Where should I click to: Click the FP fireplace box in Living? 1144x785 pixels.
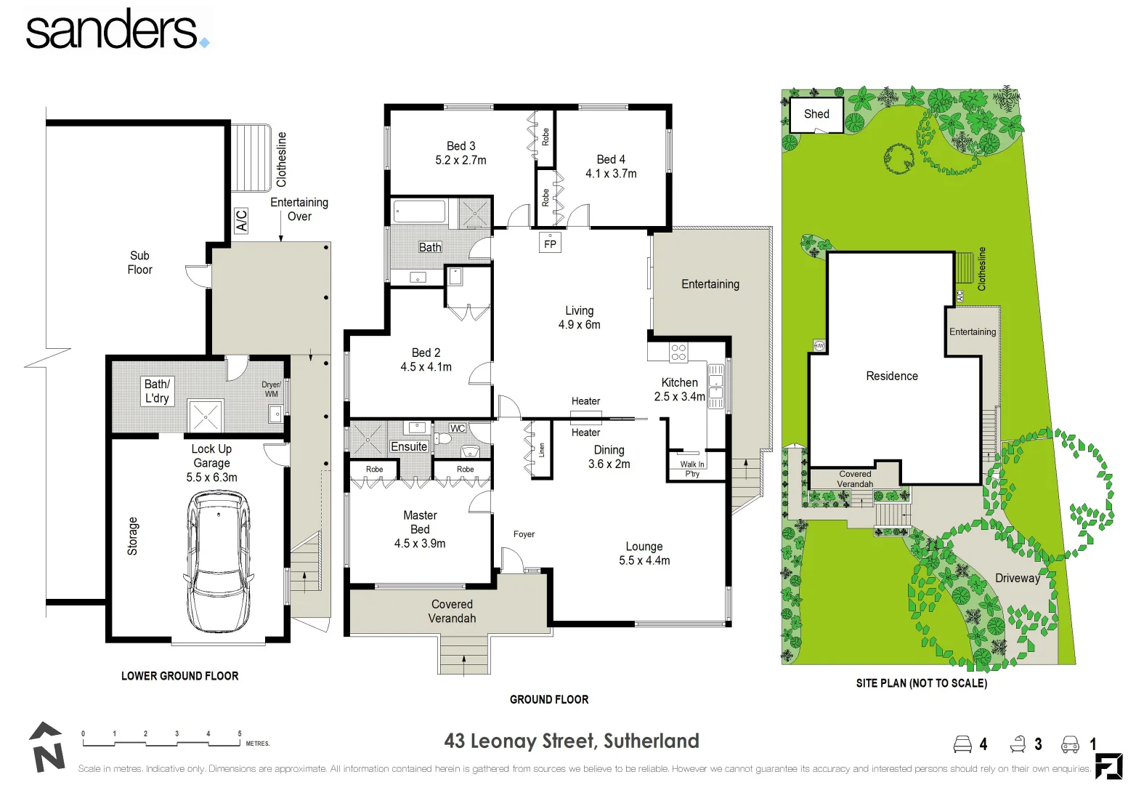(550, 243)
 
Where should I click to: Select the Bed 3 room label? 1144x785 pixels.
(461, 146)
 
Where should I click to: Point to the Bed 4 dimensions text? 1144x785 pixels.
(611, 174)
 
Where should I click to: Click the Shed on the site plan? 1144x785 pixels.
(816, 115)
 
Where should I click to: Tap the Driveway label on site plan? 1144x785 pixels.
(1017, 579)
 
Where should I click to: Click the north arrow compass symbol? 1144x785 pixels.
(46, 747)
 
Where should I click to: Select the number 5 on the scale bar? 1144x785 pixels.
(240, 733)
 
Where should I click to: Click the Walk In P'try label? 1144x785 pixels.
(691, 469)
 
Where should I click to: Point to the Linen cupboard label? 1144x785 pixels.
(541, 450)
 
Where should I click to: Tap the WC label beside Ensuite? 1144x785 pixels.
(458, 428)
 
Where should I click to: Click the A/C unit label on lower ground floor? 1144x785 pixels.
(242, 220)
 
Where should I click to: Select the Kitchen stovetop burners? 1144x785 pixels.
(678, 353)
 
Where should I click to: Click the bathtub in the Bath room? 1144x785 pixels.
(419, 212)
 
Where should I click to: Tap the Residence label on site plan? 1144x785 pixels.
(891, 376)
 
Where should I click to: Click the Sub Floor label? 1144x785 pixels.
(139, 262)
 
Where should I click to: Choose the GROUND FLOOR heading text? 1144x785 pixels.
(549, 699)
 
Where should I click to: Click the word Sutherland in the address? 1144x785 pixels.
(651, 741)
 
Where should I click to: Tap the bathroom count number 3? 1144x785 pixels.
(1038, 744)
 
